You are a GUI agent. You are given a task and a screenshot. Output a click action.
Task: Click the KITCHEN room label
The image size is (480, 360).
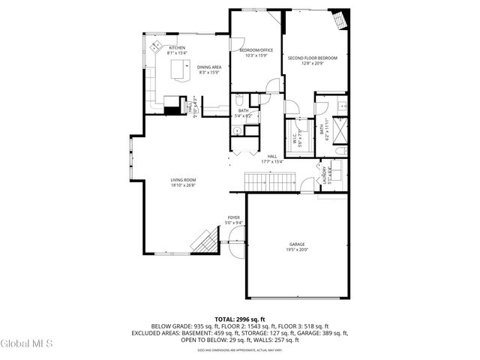pos(177,48)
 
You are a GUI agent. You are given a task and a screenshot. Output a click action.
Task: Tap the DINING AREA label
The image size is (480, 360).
pos(209,67)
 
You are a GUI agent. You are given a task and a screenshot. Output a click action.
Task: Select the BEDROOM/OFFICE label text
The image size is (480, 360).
pos(253,50)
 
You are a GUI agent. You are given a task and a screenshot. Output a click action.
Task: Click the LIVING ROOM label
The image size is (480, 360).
pos(183,180)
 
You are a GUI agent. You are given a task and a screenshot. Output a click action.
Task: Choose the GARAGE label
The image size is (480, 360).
pos(298,244)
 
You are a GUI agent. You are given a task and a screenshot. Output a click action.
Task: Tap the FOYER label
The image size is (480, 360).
pos(234,217)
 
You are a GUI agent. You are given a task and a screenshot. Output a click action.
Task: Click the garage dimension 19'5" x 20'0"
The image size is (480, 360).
pos(298,250)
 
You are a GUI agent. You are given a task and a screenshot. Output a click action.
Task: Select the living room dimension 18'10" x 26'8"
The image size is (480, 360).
pos(183,185)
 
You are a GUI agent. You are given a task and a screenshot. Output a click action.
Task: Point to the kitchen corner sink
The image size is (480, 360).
pos(157,47)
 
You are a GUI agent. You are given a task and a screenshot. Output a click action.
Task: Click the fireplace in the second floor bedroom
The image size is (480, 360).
pos(341,19)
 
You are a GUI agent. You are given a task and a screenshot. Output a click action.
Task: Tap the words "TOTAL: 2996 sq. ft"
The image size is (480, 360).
pos(240,319)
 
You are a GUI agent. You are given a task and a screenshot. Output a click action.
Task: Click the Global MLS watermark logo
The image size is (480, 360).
pos(27,343)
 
